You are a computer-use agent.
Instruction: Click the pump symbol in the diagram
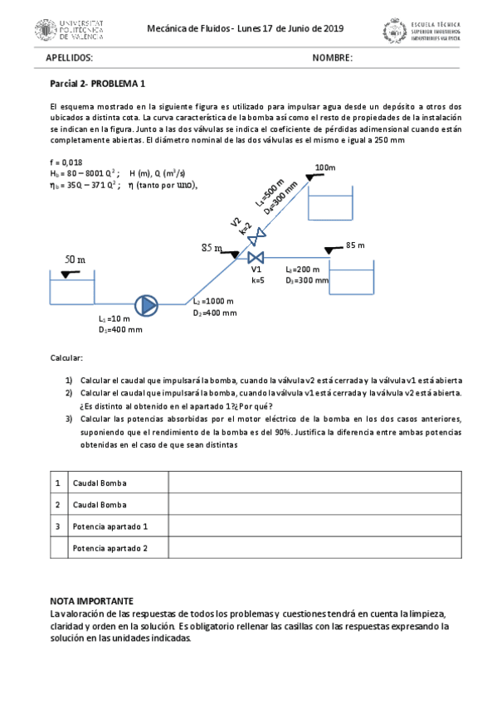point(148,304)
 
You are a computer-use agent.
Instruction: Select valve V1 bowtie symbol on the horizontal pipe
point(256,257)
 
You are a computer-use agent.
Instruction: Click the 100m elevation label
point(325,167)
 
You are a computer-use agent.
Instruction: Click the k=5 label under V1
point(257,280)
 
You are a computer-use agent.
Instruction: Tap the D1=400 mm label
point(120,329)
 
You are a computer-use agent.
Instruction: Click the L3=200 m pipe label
point(303,269)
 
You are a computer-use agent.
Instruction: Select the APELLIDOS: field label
point(69,58)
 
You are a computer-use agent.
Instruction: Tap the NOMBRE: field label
point(332,58)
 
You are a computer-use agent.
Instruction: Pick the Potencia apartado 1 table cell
point(110,526)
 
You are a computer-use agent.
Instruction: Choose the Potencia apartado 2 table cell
point(110,548)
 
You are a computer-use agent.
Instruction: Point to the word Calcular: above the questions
point(66,357)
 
